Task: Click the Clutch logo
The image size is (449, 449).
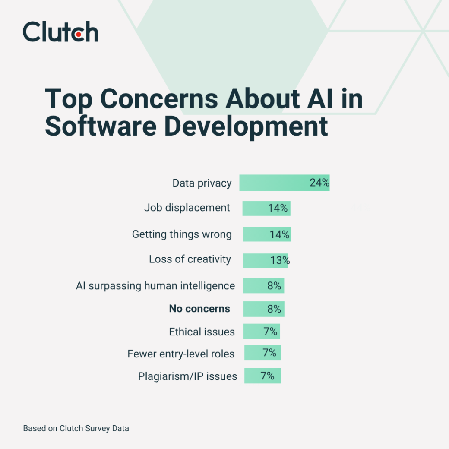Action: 60,32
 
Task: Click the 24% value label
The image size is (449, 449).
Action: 319,183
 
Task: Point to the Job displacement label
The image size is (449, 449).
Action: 187,208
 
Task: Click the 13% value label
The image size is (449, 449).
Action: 280,260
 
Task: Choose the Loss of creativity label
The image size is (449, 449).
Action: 190,259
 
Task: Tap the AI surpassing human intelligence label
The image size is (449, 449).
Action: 155,285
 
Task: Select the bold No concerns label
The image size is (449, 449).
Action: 199,309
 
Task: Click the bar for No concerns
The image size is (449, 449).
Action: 255,309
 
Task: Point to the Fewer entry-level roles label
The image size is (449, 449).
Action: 181,354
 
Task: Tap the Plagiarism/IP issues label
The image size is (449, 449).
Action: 187,376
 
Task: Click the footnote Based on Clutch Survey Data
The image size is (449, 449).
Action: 76,429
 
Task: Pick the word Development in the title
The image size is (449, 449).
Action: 247,126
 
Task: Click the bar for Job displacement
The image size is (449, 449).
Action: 255,208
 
